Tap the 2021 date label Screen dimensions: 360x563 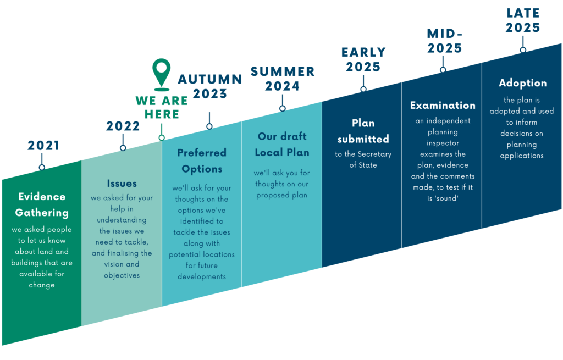coord(43,146)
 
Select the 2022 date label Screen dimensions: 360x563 coord(123,126)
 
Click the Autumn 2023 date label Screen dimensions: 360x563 coord(210,86)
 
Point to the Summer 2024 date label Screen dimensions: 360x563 coord(283,79)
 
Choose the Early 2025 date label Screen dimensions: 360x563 coord(363,59)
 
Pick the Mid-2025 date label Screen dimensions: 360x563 coord(444,41)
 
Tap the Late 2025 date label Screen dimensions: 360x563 coord(523,20)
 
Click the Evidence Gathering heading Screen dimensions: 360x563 coord(42,204)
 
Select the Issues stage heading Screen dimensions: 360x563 coord(122,183)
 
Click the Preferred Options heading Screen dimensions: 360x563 coord(202,160)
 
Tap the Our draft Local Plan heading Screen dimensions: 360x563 coord(283,144)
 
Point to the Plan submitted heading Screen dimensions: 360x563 coord(363,131)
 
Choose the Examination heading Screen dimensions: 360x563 coord(443,105)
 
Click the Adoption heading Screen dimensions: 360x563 coord(522,83)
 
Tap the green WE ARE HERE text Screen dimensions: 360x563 coord(161,107)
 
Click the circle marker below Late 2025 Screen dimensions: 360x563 coord(523,50)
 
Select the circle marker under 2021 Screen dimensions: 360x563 coord(42,167)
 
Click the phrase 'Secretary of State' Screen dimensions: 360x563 coord(363,159)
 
